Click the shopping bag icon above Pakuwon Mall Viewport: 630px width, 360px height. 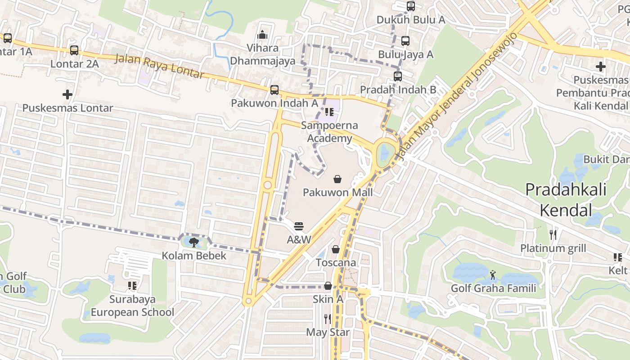337,179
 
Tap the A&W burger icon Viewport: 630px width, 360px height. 299,226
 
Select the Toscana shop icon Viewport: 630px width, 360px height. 336,249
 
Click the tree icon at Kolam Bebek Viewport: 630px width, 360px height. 194,243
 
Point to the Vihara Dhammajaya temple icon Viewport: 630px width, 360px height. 262,35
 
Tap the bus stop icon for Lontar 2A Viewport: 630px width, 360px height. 74,50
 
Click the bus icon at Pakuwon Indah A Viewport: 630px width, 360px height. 274,90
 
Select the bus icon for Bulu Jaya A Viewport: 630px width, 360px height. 405,41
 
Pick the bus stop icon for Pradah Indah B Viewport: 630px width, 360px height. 398,76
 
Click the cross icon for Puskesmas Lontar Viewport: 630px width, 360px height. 67,94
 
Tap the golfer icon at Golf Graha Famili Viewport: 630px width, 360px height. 493,274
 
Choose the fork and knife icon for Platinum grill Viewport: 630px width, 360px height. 553,234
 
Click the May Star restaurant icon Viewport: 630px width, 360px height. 328,319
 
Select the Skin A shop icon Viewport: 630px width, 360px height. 328,286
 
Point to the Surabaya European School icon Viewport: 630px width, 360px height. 132,286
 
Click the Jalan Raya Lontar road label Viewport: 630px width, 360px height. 160,66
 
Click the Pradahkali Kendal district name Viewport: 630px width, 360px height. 566,199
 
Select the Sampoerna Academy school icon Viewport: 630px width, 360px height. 329,112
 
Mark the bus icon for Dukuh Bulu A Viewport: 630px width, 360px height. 411,6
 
